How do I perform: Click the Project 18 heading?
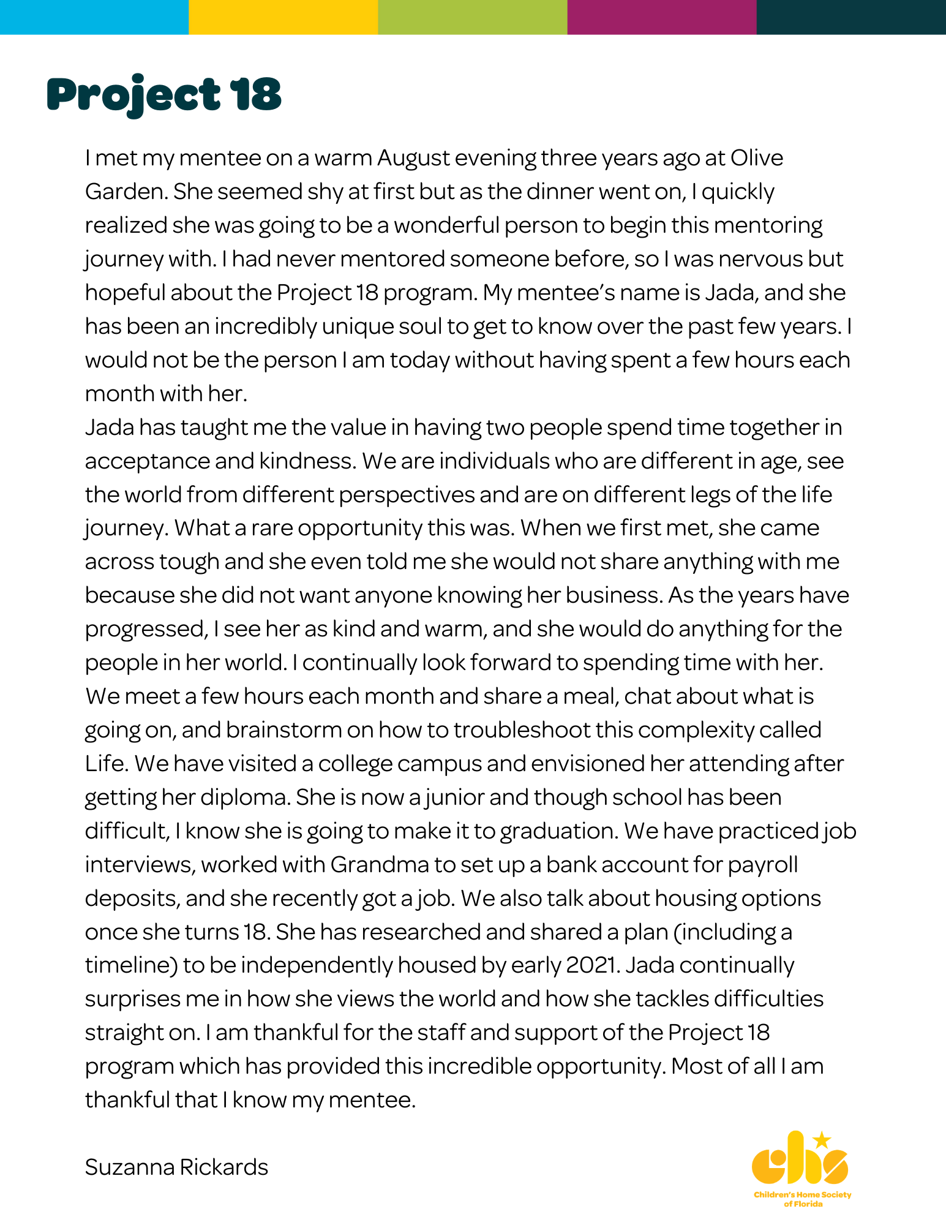coord(164,96)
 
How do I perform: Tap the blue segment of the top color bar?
coord(94,17)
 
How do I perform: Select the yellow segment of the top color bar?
coord(283,17)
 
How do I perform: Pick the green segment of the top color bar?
coord(473,17)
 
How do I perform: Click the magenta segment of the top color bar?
coord(662,17)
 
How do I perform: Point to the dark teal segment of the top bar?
coord(851,17)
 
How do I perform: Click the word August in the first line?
coord(414,159)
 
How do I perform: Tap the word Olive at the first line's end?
coord(756,158)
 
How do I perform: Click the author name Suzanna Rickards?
coord(176,1167)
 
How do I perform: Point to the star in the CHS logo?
coord(822,1140)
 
